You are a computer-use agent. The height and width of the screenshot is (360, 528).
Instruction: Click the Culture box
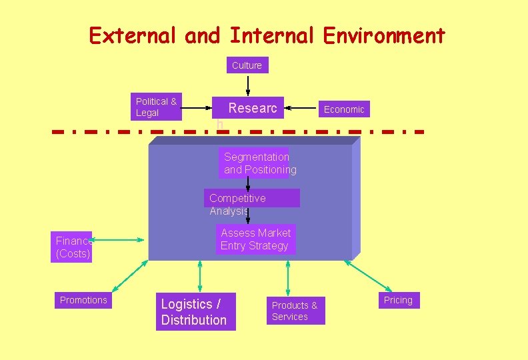247,65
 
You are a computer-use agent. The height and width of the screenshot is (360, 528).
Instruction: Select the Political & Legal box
156,107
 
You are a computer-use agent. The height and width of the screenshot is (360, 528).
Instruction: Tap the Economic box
344,109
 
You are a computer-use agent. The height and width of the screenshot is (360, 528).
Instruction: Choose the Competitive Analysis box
252,199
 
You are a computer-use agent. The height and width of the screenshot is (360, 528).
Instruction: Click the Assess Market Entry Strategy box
256,239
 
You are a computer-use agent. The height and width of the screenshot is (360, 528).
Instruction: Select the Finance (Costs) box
71,247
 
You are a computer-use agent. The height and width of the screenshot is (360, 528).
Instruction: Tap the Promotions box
83,300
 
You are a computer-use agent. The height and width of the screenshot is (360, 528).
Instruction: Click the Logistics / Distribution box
194,312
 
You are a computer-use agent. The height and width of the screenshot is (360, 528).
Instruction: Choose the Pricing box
398,300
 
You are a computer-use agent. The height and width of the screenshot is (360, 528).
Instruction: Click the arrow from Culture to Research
248,85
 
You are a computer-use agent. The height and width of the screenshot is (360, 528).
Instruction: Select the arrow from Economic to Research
301,107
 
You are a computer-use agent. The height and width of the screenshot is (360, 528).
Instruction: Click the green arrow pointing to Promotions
130,275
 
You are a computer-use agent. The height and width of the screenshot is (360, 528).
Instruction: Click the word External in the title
133,35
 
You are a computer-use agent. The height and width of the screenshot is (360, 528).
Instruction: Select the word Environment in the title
384,35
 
